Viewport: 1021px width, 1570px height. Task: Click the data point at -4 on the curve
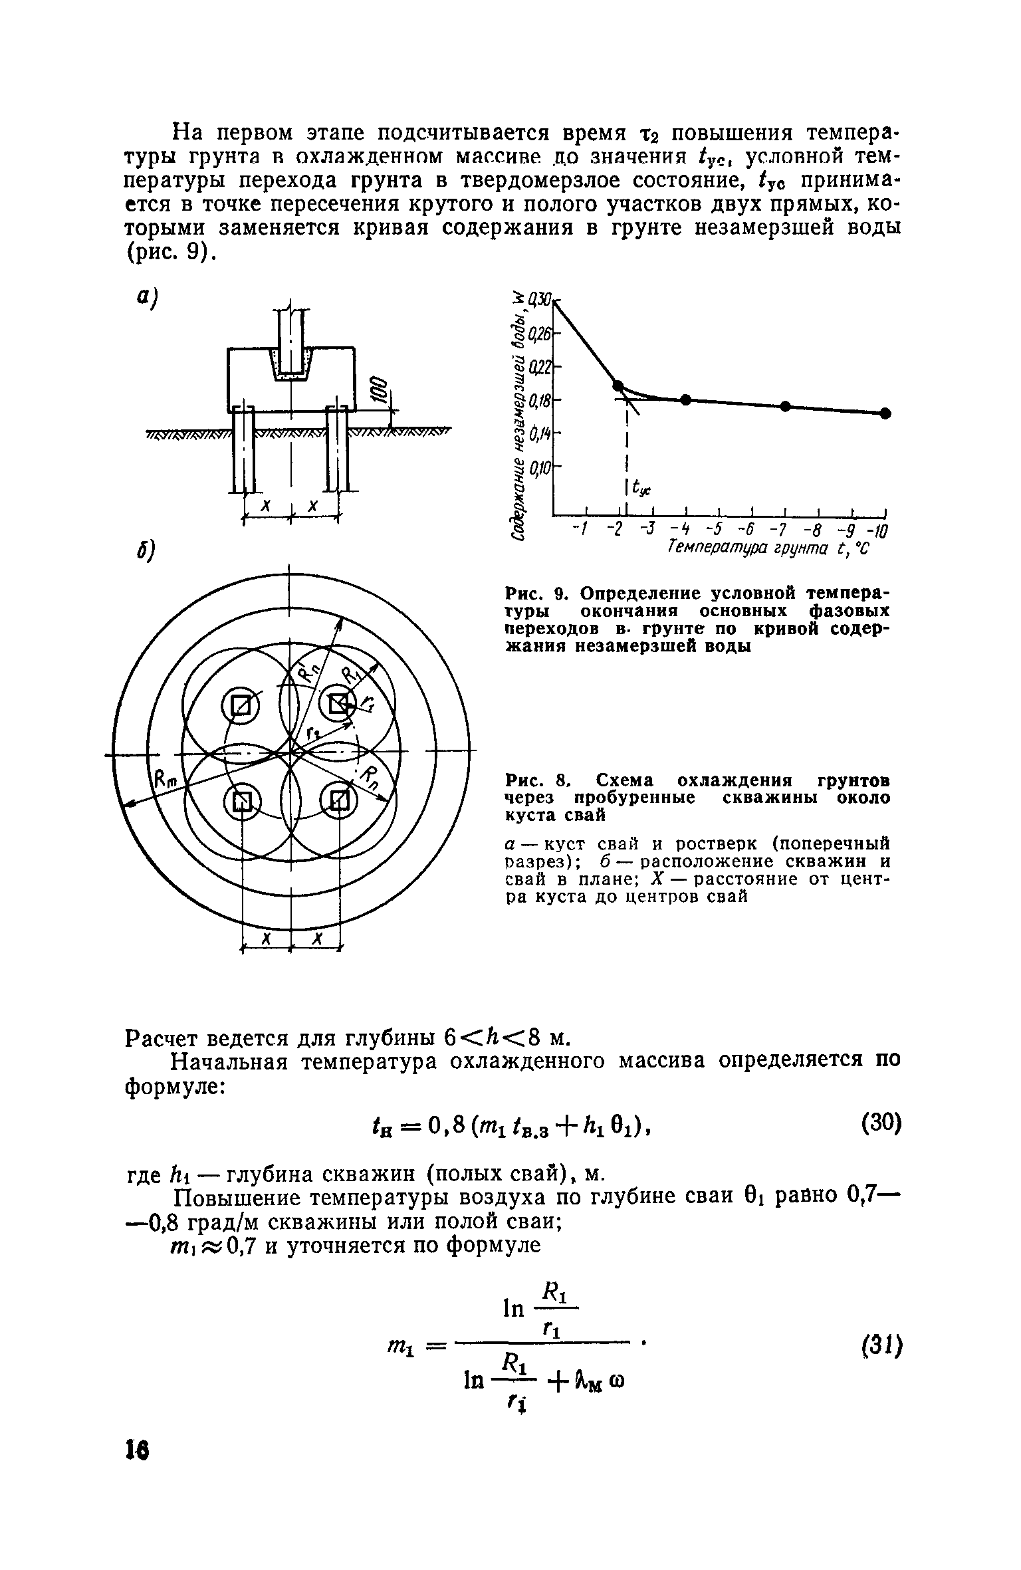[x=685, y=399]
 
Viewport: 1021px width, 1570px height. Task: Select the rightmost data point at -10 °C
[x=885, y=413]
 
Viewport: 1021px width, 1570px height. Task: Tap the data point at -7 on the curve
[x=785, y=405]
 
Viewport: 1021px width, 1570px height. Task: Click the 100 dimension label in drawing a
[x=380, y=389]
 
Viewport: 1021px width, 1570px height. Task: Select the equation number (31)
[x=880, y=1346]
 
